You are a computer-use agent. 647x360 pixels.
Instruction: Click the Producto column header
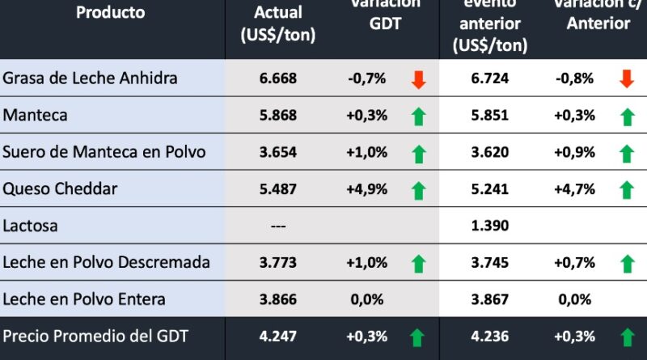point(110,13)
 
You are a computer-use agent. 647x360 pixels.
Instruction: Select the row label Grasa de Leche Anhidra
point(90,78)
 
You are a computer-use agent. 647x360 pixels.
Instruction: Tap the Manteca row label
point(35,116)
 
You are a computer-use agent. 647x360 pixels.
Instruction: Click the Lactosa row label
point(30,226)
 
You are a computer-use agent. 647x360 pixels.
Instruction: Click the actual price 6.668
point(278,78)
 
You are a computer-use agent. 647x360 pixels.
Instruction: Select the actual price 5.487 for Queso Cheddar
point(278,189)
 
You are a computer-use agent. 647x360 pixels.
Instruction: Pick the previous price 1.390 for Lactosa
point(488,226)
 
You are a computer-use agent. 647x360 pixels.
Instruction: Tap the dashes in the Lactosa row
point(278,227)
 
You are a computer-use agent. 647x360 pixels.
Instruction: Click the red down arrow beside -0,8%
point(626,79)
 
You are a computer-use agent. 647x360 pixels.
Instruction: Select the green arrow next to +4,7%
point(626,190)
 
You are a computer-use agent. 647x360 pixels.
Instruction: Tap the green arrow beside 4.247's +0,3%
point(418,337)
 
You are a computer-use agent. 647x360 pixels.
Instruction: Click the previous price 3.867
point(488,299)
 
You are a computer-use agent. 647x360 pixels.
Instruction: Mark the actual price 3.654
point(278,152)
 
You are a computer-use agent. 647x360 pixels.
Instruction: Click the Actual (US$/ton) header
point(278,24)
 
